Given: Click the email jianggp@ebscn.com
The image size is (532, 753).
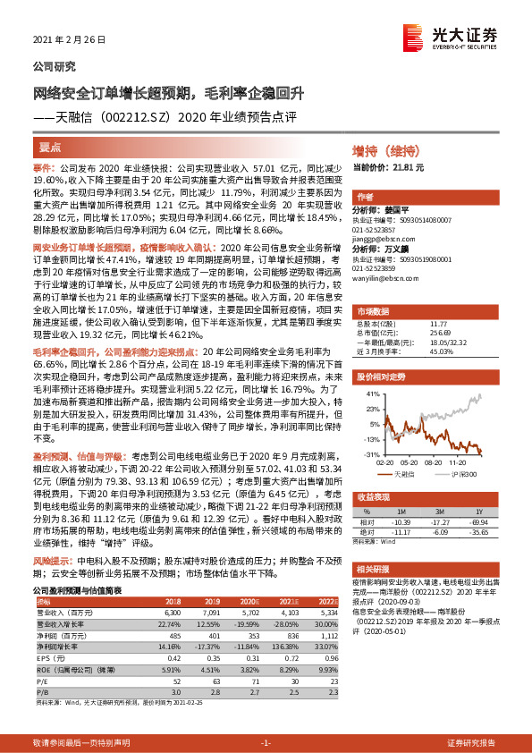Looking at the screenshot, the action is (378, 239).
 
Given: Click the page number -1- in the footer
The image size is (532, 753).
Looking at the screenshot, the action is (266, 742).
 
